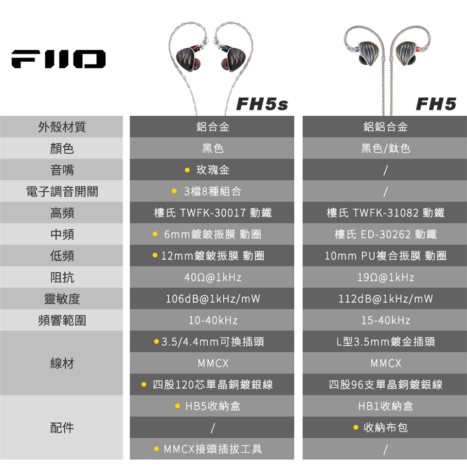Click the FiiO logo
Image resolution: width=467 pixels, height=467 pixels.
click(x=58, y=59)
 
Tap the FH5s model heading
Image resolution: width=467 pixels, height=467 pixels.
click(x=262, y=104)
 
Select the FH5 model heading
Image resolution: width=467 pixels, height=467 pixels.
click(x=436, y=104)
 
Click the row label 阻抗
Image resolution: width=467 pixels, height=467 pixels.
click(x=62, y=277)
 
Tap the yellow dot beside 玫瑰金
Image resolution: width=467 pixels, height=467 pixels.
click(x=187, y=170)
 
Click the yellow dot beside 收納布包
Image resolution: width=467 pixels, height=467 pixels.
click(x=356, y=428)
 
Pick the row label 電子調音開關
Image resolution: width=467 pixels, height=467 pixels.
click(x=62, y=191)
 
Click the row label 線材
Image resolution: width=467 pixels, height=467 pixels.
click(x=62, y=363)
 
